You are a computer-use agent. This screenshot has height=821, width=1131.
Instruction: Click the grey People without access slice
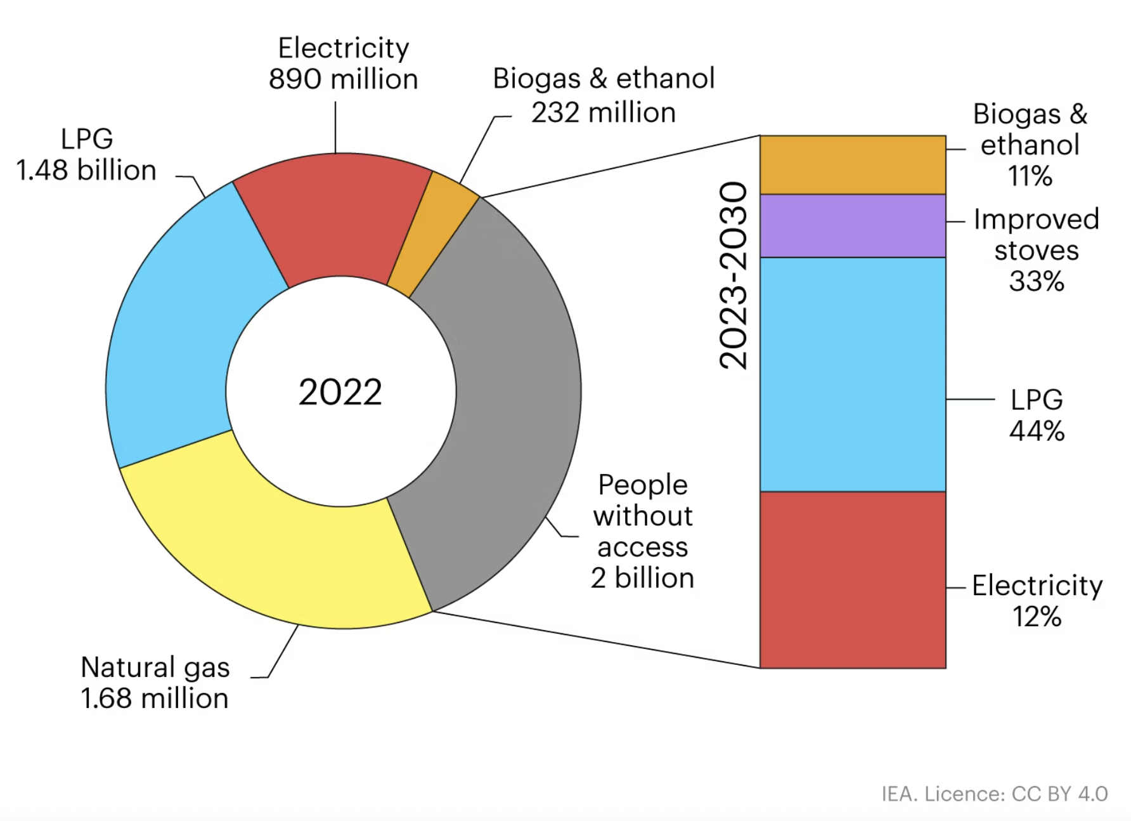507,406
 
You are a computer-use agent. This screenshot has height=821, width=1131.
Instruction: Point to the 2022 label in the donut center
340,392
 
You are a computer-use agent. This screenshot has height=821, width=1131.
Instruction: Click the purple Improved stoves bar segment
852,226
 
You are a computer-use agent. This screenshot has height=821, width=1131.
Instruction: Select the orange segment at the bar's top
852,165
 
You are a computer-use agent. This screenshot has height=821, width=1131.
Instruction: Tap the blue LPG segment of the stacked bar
852,374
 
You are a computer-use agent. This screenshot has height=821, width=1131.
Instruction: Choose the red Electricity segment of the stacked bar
852,579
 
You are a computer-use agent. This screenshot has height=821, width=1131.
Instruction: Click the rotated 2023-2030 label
734,275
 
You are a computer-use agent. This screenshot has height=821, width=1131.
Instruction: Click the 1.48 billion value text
86,171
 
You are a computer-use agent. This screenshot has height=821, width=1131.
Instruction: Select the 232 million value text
603,113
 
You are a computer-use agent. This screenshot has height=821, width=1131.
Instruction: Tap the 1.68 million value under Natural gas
154,699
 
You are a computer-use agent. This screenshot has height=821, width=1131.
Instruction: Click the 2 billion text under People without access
642,578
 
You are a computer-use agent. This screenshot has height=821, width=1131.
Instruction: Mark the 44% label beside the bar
1037,431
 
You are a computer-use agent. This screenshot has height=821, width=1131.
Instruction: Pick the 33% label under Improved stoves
1036,281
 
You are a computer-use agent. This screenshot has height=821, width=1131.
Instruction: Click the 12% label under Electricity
1037,617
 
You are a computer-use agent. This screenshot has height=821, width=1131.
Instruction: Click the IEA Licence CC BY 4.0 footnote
993,794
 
